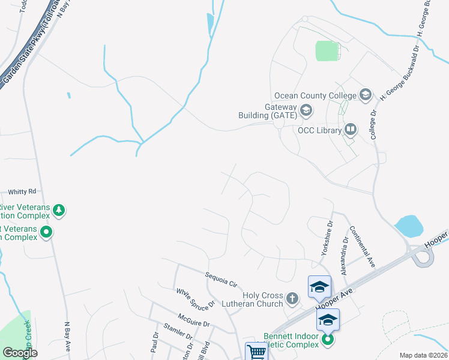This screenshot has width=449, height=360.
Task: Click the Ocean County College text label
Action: (315, 95)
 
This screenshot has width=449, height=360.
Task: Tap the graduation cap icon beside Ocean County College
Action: (365, 95)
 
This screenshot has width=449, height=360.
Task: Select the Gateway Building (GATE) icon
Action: (306, 110)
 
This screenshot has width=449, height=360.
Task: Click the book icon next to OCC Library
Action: (351, 129)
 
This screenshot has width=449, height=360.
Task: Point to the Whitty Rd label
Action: (22, 191)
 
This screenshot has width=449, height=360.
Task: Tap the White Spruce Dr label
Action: (195, 299)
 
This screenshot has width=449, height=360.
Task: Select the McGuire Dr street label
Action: (193, 319)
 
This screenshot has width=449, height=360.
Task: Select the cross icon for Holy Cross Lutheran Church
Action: (292, 298)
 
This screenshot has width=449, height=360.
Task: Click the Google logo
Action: (20, 353)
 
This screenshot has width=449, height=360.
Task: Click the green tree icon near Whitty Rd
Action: (59, 211)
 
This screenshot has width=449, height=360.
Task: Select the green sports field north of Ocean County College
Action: (328, 51)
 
